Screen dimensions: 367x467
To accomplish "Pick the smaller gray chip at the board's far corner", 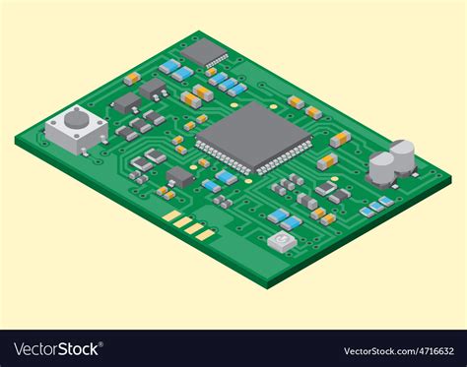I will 206,51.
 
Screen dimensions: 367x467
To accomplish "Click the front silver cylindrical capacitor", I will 381,167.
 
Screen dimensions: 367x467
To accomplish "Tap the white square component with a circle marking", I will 283,239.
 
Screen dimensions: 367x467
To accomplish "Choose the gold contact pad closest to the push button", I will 171,215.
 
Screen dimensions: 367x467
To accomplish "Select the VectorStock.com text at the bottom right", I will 378,350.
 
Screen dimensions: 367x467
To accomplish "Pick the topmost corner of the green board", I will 199,31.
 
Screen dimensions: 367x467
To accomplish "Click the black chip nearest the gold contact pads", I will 180,177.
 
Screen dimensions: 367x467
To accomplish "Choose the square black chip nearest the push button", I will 126,103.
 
